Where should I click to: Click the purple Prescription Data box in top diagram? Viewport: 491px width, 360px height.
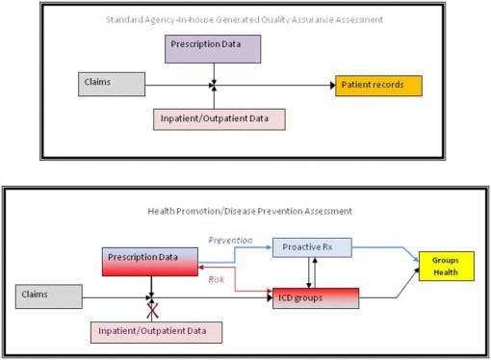tap(214, 48)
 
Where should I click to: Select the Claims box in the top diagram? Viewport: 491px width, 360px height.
tap(111, 84)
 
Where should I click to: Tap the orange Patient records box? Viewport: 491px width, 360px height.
tap(378, 86)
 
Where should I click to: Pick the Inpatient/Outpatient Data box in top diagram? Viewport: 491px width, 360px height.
tap(220, 118)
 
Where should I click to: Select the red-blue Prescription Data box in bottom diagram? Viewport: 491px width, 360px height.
tap(149, 261)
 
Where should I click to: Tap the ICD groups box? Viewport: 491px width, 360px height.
tap(316, 296)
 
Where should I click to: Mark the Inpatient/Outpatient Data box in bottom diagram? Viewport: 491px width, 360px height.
tap(155, 331)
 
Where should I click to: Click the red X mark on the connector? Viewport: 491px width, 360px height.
tap(150, 309)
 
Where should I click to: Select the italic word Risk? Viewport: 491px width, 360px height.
tap(218, 280)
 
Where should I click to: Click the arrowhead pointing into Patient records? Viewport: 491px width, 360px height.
tap(330, 86)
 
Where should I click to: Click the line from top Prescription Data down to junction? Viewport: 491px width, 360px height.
tap(214, 73)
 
